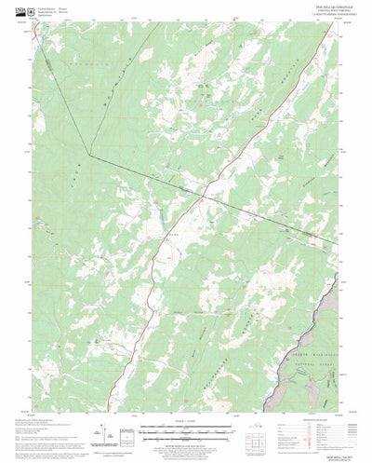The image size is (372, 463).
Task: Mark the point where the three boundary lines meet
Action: coord(88,154)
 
